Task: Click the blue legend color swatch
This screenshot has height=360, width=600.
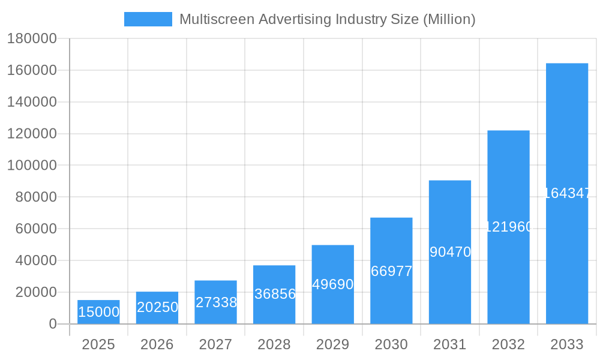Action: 148,19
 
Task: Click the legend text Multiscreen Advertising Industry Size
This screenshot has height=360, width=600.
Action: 327,19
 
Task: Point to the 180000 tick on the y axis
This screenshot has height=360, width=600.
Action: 32,39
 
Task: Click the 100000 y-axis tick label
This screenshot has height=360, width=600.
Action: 32,166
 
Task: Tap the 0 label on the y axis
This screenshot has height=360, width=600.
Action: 53,324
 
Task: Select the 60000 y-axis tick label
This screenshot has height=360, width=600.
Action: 36,229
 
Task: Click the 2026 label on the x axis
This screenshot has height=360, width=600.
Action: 157,345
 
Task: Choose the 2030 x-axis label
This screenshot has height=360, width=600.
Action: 391,345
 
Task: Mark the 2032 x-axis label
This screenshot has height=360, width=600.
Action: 508,345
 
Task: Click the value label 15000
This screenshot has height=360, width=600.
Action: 98,313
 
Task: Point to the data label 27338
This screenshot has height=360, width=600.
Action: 216,302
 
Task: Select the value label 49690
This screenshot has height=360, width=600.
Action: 333,284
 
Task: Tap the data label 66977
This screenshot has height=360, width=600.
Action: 391,271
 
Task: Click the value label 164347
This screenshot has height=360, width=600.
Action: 567,193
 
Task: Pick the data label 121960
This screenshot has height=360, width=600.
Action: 508,227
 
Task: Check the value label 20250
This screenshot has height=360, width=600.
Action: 157,307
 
